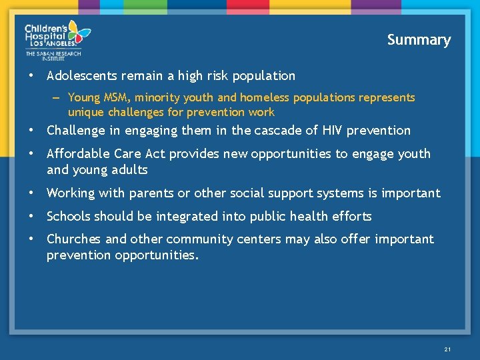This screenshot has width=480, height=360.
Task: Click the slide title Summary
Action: pyautogui.click(x=419, y=40)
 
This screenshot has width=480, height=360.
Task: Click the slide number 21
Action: pyautogui.click(x=447, y=349)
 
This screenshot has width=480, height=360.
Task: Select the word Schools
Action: pyautogui.click(x=69, y=217)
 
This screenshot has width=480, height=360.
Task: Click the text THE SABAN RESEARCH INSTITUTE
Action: pyautogui.click(x=53, y=57)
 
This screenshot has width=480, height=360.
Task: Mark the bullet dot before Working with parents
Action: pyautogui.click(x=31, y=193)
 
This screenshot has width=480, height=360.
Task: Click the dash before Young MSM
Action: pyautogui.click(x=58, y=98)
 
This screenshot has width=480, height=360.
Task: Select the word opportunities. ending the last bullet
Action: pyautogui.click(x=157, y=255)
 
